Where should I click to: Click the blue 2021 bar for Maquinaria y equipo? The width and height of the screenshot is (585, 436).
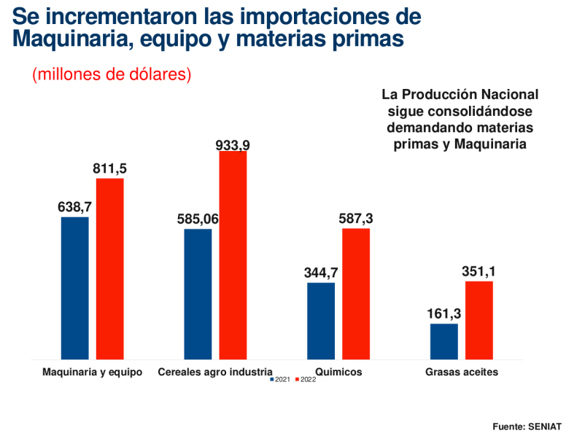click(74, 288)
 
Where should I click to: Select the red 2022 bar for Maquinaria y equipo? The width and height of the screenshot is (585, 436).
click(110, 269)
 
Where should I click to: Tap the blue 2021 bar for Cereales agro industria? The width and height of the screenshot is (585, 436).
click(198, 294)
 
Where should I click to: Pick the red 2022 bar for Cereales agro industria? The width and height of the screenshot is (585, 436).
click(233, 255)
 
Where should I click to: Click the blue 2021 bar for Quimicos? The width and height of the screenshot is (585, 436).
click(321, 321)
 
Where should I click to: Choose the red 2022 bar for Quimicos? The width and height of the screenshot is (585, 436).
click(356, 294)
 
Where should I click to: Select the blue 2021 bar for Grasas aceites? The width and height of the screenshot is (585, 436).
click(444, 341)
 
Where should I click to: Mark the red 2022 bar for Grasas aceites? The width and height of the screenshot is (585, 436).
click(479, 320)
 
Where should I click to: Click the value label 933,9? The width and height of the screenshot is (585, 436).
click(233, 145)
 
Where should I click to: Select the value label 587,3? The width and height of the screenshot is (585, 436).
click(356, 219)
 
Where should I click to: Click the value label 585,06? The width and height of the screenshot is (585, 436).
click(198, 219)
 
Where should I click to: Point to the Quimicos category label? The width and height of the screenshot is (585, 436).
click(338, 371)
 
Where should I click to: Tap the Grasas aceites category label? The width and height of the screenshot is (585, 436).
click(462, 371)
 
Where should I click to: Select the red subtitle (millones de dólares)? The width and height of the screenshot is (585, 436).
click(112, 74)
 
